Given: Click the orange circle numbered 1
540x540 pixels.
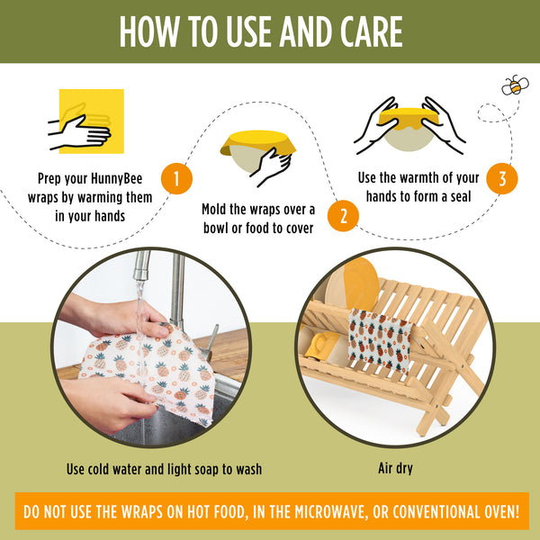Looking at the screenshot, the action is (176, 179).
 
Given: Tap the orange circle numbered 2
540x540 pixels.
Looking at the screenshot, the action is (343, 216).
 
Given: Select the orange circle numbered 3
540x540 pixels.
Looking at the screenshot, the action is (502, 179).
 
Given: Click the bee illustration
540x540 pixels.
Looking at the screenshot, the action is (515, 85).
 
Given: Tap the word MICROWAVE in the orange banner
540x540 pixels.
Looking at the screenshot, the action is (328, 512).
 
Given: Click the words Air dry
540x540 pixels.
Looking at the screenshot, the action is (395, 469).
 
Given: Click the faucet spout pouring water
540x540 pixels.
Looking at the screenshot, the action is (141, 265).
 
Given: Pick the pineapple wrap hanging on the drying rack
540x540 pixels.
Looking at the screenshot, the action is (380, 340).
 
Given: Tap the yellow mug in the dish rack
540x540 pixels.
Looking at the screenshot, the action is (321, 346).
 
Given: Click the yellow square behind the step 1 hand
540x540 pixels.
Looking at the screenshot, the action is (92, 121).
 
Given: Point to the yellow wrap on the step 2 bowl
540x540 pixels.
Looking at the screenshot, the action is (258, 141).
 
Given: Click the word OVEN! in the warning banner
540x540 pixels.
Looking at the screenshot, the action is (502, 512).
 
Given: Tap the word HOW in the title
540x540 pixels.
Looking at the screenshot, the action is (149, 31).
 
